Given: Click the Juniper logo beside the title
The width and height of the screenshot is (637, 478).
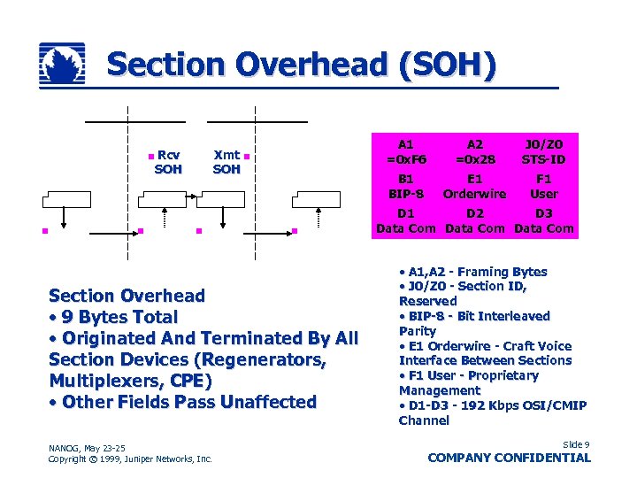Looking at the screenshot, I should (x=62, y=66).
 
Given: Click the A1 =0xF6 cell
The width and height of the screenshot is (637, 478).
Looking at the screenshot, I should (x=406, y=151).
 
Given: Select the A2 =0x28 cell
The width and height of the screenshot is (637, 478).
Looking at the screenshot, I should (x=475, y=151).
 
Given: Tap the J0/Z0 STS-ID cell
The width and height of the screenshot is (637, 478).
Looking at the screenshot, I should (x=544, y=151).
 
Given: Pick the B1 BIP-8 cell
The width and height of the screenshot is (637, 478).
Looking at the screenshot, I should (x=406, y=186).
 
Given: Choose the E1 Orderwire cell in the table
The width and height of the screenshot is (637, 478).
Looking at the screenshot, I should (x=475, y=186).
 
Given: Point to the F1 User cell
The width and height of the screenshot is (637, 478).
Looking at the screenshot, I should (x=544, y=186).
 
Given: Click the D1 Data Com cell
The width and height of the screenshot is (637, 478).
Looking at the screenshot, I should (x=406, y=220).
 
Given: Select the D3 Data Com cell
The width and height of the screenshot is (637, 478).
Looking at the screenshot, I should (x=544, y=220).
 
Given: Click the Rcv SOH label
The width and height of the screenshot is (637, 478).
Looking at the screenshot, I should (x=168, y=162).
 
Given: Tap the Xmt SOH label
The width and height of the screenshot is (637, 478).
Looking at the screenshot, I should (x=226, y=162).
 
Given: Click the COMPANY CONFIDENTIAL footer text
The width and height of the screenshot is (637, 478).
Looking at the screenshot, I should (x=509, y=458).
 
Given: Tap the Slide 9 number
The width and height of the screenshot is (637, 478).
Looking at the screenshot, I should (x=575, y=443).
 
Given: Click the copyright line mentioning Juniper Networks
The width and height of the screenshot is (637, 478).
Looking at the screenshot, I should (x=130, y=459).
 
